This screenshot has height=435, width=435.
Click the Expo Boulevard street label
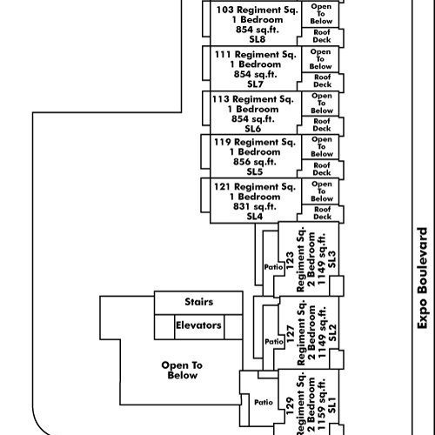pyautogui.click(x=422, y=278)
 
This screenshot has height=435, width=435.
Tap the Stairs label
pyautogui.click(x=199, y=302)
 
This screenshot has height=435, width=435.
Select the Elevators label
pyautogui.click(x=198, y=325)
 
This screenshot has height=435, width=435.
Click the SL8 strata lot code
pyautogui.click(x=258, y=39)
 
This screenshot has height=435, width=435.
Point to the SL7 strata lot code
pyautogui.click(x=255, y=84)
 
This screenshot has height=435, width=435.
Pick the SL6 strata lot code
pyautogui.click(x=253, y=129)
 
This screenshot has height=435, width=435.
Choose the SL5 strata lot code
pyautogui.click(x=255, y=171)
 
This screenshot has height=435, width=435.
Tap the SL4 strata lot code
pyautogui.click(x=255, y=217)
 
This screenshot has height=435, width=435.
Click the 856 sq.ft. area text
pyautogui.click(x=255, y=162)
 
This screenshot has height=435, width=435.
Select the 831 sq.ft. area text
pyautogui.click(x=255, y=206)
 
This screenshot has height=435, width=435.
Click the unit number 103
pyautogui.click(x=225, y=10)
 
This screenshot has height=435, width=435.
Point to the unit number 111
pyautogui.click(x=223, y=55)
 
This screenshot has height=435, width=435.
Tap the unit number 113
pyautogui.click(x=221, y=99)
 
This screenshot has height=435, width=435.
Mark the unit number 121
pyautogui.click(x=222, y=187)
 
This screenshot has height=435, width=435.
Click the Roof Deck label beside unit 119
pyautogui.click(x=322, y=169)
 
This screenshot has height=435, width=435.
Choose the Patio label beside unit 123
pyautogui.click(x=273, y=267)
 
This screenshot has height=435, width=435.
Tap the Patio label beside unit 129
pyautogui.click(x=264, y=402)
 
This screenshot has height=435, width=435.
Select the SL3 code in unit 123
pyautogui.click(x=331, y=259)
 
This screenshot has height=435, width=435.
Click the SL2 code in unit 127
pyautogui.click(x=332, y=332)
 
